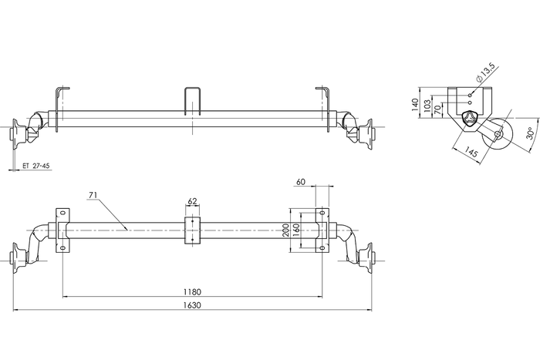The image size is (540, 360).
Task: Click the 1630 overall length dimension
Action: (192, 305)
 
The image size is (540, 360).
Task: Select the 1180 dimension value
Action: (192, 291)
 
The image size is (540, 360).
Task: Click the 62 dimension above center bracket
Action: (192, 202)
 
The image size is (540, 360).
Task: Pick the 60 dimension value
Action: (301, 182)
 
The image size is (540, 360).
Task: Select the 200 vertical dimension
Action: (286, 230)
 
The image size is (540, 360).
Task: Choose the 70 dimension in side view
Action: (440, 111)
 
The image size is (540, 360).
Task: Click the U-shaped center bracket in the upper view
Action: (192, 100)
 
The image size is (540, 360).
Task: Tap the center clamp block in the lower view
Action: (192, 231)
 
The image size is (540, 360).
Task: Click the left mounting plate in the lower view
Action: (62, 230)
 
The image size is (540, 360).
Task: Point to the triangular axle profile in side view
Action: (470, 119)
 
